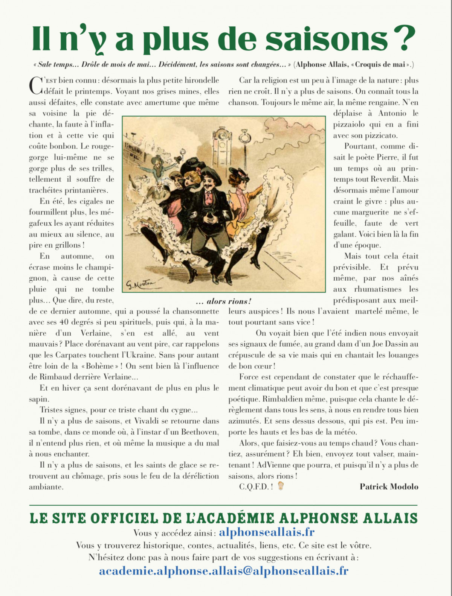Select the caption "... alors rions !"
223,301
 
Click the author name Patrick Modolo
389,487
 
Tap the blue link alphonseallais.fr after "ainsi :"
267,532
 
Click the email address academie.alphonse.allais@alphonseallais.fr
223,571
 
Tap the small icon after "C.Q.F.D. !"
280,486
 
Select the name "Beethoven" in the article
199,432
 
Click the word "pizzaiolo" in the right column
352,124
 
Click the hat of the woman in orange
240,174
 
